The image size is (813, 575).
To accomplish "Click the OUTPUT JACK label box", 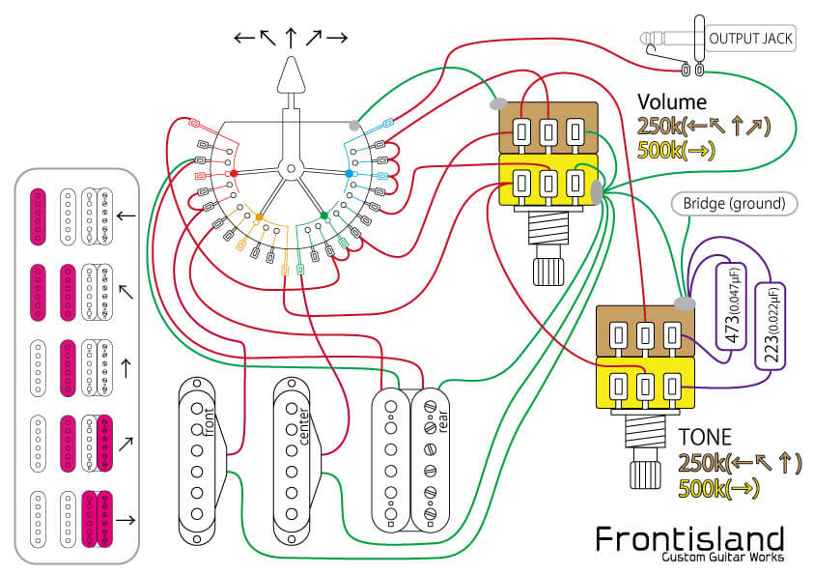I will (751, 40).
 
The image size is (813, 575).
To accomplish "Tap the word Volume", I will (672, 102).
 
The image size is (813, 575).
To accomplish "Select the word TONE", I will (706, 437).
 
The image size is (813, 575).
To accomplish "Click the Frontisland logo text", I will (688, 539).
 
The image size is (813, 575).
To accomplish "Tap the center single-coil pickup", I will (297, 459).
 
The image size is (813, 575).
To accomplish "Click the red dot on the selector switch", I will (233, 174).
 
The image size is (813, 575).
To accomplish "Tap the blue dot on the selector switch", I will (350, 174).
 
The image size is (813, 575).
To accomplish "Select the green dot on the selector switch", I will (323, 216).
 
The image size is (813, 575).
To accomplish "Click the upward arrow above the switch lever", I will (290, 38).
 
